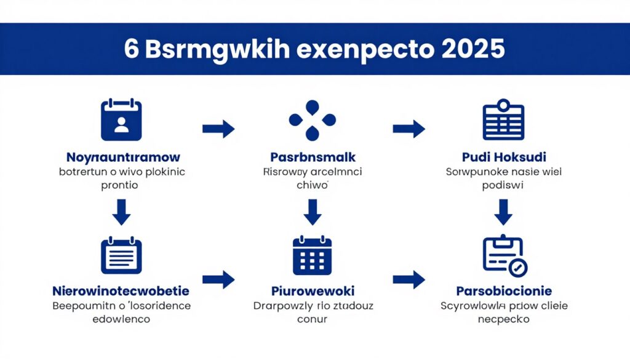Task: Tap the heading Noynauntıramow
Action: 123,157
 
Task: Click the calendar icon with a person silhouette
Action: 121,120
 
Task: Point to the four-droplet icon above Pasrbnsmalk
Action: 313,119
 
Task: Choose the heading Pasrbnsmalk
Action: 313,157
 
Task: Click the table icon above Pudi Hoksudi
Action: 503,120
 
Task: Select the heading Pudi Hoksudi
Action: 504,157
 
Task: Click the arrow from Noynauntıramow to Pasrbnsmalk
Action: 218,129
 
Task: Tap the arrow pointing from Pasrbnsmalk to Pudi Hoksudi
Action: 409,129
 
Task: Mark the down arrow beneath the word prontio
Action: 122,212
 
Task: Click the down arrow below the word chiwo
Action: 313,212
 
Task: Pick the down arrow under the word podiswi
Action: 504,212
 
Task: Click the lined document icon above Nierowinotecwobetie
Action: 121,255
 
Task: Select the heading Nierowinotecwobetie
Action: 121,290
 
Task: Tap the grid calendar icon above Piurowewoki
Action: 313,255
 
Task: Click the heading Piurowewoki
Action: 313,290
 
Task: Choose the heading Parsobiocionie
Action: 504,290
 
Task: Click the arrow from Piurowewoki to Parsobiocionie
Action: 409,279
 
